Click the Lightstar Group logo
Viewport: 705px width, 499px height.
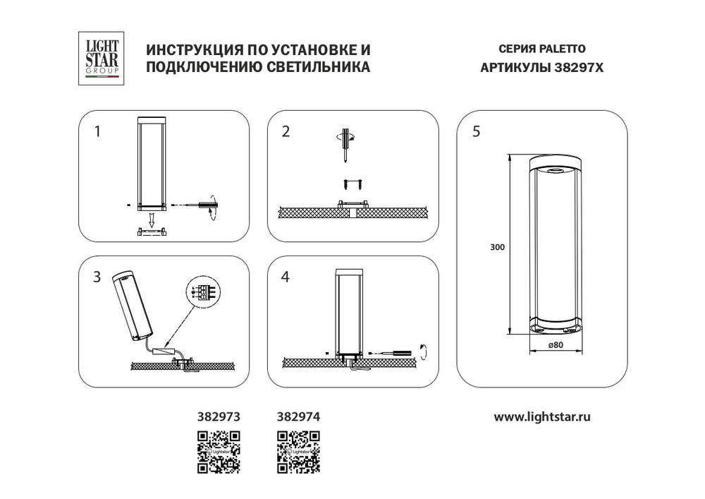click(102, 59)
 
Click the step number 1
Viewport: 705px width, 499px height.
click(98, 131)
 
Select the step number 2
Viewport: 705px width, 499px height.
click(286, 131)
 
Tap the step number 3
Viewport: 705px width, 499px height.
click(98, 277)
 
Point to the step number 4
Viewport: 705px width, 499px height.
click(286, 277)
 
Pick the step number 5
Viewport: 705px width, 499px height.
click(477, 131)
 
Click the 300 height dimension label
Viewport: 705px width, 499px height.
click(498, 247)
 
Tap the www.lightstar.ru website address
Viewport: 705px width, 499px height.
click(541, 416)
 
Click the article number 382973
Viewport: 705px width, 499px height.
click(218, 416)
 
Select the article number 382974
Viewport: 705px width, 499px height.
click(296, 416)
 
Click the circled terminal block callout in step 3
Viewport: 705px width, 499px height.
click(202, 291)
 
